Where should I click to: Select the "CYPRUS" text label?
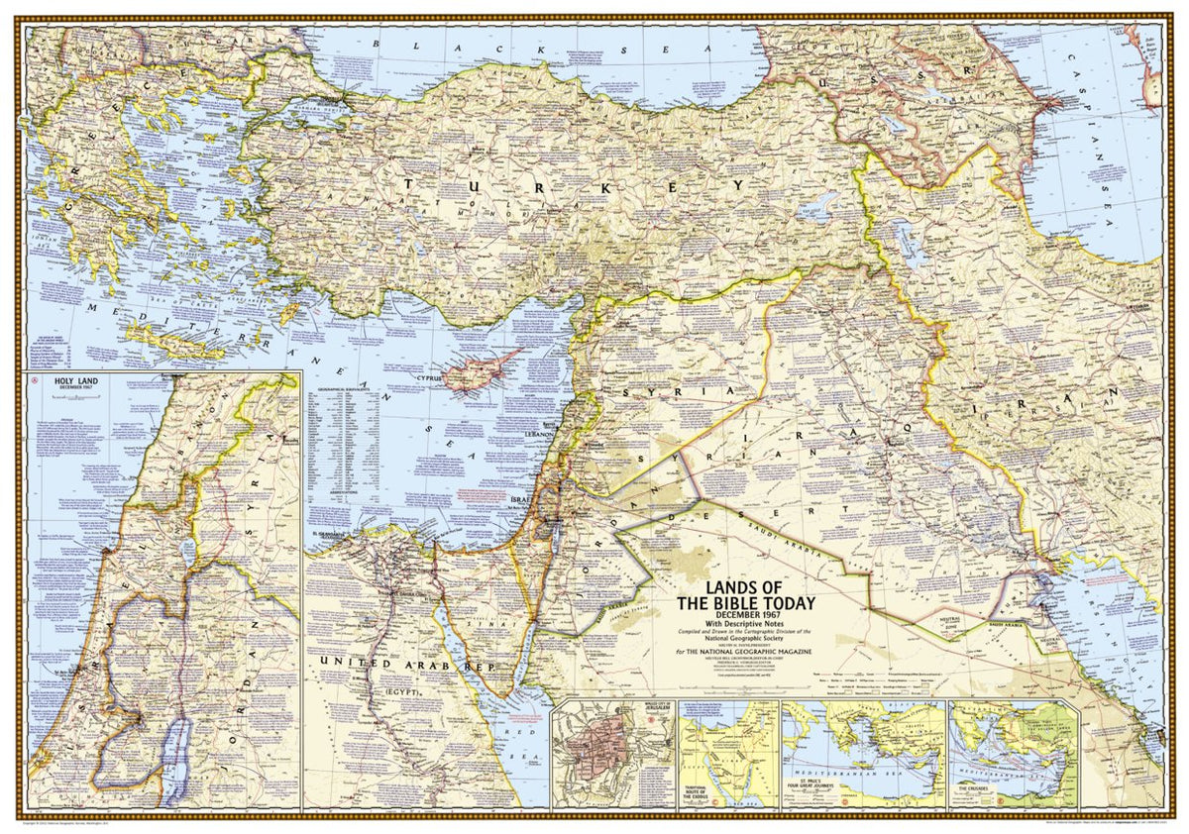point(428,377)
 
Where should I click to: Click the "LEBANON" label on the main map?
point(538,434)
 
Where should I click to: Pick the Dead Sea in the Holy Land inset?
point(173,758)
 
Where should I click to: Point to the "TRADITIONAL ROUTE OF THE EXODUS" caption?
point(702,793)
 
